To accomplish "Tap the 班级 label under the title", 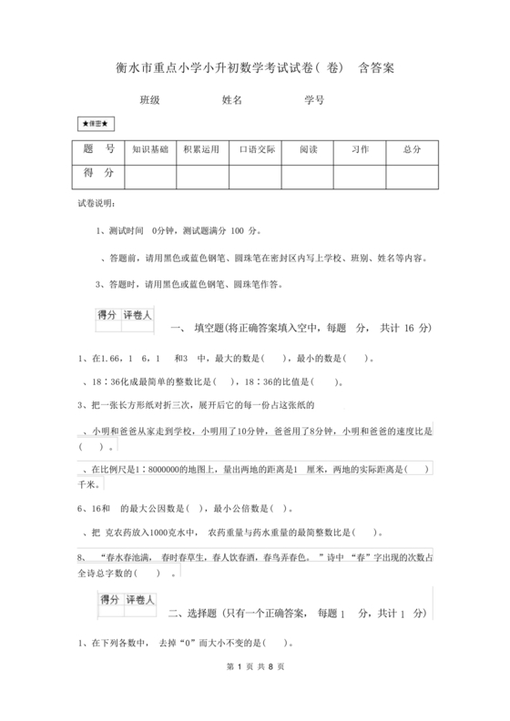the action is pos(148,100).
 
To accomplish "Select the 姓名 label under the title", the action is pos(231,100).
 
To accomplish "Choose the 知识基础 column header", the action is pos(150,149).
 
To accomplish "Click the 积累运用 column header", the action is pos(201,149).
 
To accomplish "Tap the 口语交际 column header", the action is pos(256,149).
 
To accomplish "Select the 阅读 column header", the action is pos(308,149).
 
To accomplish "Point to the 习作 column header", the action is pos(360,149).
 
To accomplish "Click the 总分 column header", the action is pos(412,149).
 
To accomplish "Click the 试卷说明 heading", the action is pos(95,204).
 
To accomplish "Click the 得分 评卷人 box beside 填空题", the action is pos(125,316).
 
